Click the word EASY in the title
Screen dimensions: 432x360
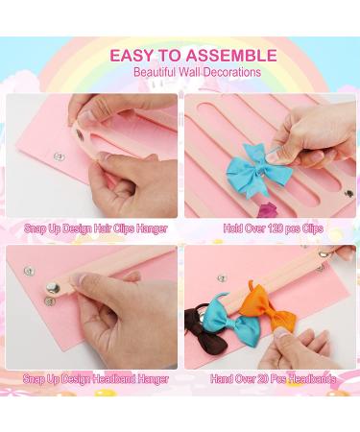point(131,55)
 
